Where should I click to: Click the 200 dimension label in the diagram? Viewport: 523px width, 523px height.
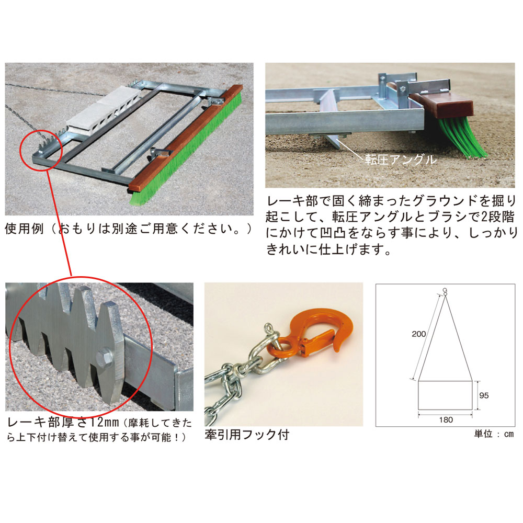(x=418, y=334)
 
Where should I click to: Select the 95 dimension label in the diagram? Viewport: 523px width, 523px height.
(x=484, y=395)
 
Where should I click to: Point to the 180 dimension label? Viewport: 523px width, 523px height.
(x=446, y=420)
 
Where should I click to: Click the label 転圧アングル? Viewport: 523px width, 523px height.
(x=401, y=160)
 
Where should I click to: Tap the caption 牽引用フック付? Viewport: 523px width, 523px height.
(x=247, y=435)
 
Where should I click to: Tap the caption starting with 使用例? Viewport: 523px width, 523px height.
(x=129, y=229)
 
